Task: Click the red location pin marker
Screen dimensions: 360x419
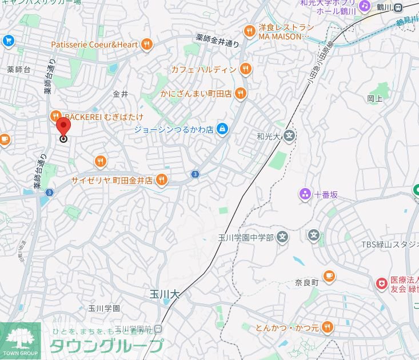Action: click(64, 127)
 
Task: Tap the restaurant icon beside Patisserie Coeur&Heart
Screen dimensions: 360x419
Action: click(147, 44)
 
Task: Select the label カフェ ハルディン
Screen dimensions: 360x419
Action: click(204, 70)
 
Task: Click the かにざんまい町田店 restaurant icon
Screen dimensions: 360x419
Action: click(241, 93)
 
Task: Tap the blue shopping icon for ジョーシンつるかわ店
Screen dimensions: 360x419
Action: click(222, 130)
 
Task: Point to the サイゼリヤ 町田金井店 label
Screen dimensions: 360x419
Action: click(112, 180)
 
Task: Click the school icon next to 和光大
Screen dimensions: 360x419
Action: click(290, 137)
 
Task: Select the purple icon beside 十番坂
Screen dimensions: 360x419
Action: click(305, 194)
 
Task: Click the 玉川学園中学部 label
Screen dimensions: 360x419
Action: click(246, 237)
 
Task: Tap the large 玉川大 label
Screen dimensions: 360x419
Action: click(164, 294)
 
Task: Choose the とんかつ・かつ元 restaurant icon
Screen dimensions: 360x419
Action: click(327, 327)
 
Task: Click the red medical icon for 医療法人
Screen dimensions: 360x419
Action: click(381, 283)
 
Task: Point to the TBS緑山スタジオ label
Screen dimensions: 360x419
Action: click(389, 245)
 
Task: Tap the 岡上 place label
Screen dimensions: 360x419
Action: click(374, 98)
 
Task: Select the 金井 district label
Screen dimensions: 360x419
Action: click(121, 94)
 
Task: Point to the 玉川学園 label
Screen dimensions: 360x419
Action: click(104, 308)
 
